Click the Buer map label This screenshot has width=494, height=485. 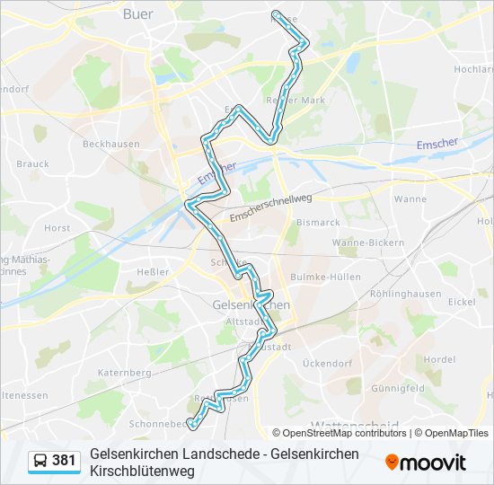[137, 14]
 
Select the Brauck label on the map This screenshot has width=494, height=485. [33, 163]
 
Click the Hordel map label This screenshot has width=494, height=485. [440, 359]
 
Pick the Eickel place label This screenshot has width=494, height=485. [462, 302]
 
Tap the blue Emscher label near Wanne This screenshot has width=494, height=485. [437, 144]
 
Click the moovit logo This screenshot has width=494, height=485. [426, 463]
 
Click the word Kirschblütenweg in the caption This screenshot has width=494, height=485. [144, 470]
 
